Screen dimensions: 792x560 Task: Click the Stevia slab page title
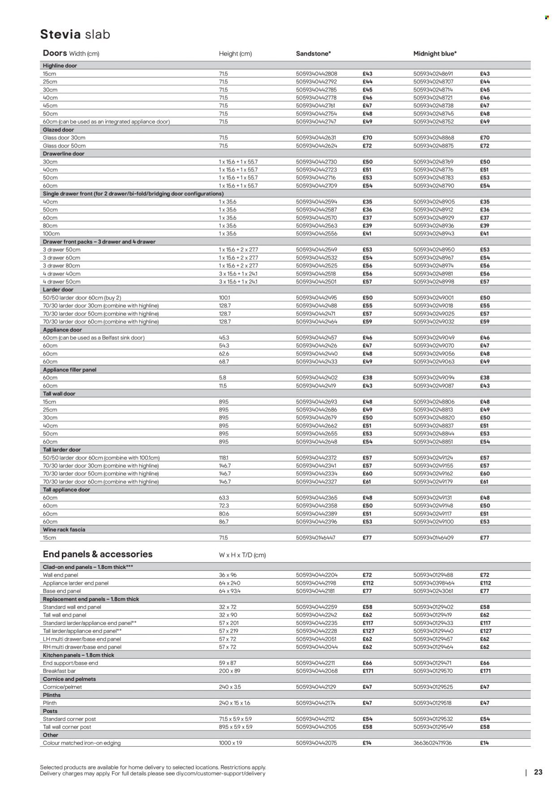(x=75, y=34)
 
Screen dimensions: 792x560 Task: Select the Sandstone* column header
(x=313, y=54)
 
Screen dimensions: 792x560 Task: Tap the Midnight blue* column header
(x=435, y=54)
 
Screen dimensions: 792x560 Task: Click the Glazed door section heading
(x=58, y=130)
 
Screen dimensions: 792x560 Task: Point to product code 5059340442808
(x=316, y=74)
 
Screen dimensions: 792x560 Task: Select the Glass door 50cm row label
(x=64, y=146)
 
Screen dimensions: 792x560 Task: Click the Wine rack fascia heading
(x=64, y=529)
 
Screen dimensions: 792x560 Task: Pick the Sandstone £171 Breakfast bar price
(x=367, y=671)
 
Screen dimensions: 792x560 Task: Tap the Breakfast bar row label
(x=60, y=671)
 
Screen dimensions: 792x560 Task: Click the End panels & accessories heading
(x=97, y=554)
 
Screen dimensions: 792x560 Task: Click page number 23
(x=538, y=772)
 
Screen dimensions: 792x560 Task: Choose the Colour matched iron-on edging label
(x=82, y=743)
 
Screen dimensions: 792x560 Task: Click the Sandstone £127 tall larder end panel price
(x=367, y=631)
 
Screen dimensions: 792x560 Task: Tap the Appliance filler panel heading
(x=69, y=370)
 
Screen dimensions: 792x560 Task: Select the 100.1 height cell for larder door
(x=224, y=298)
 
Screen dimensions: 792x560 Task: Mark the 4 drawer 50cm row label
(x=61, y=282)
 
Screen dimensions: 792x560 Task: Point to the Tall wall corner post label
(x=67, y=727)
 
